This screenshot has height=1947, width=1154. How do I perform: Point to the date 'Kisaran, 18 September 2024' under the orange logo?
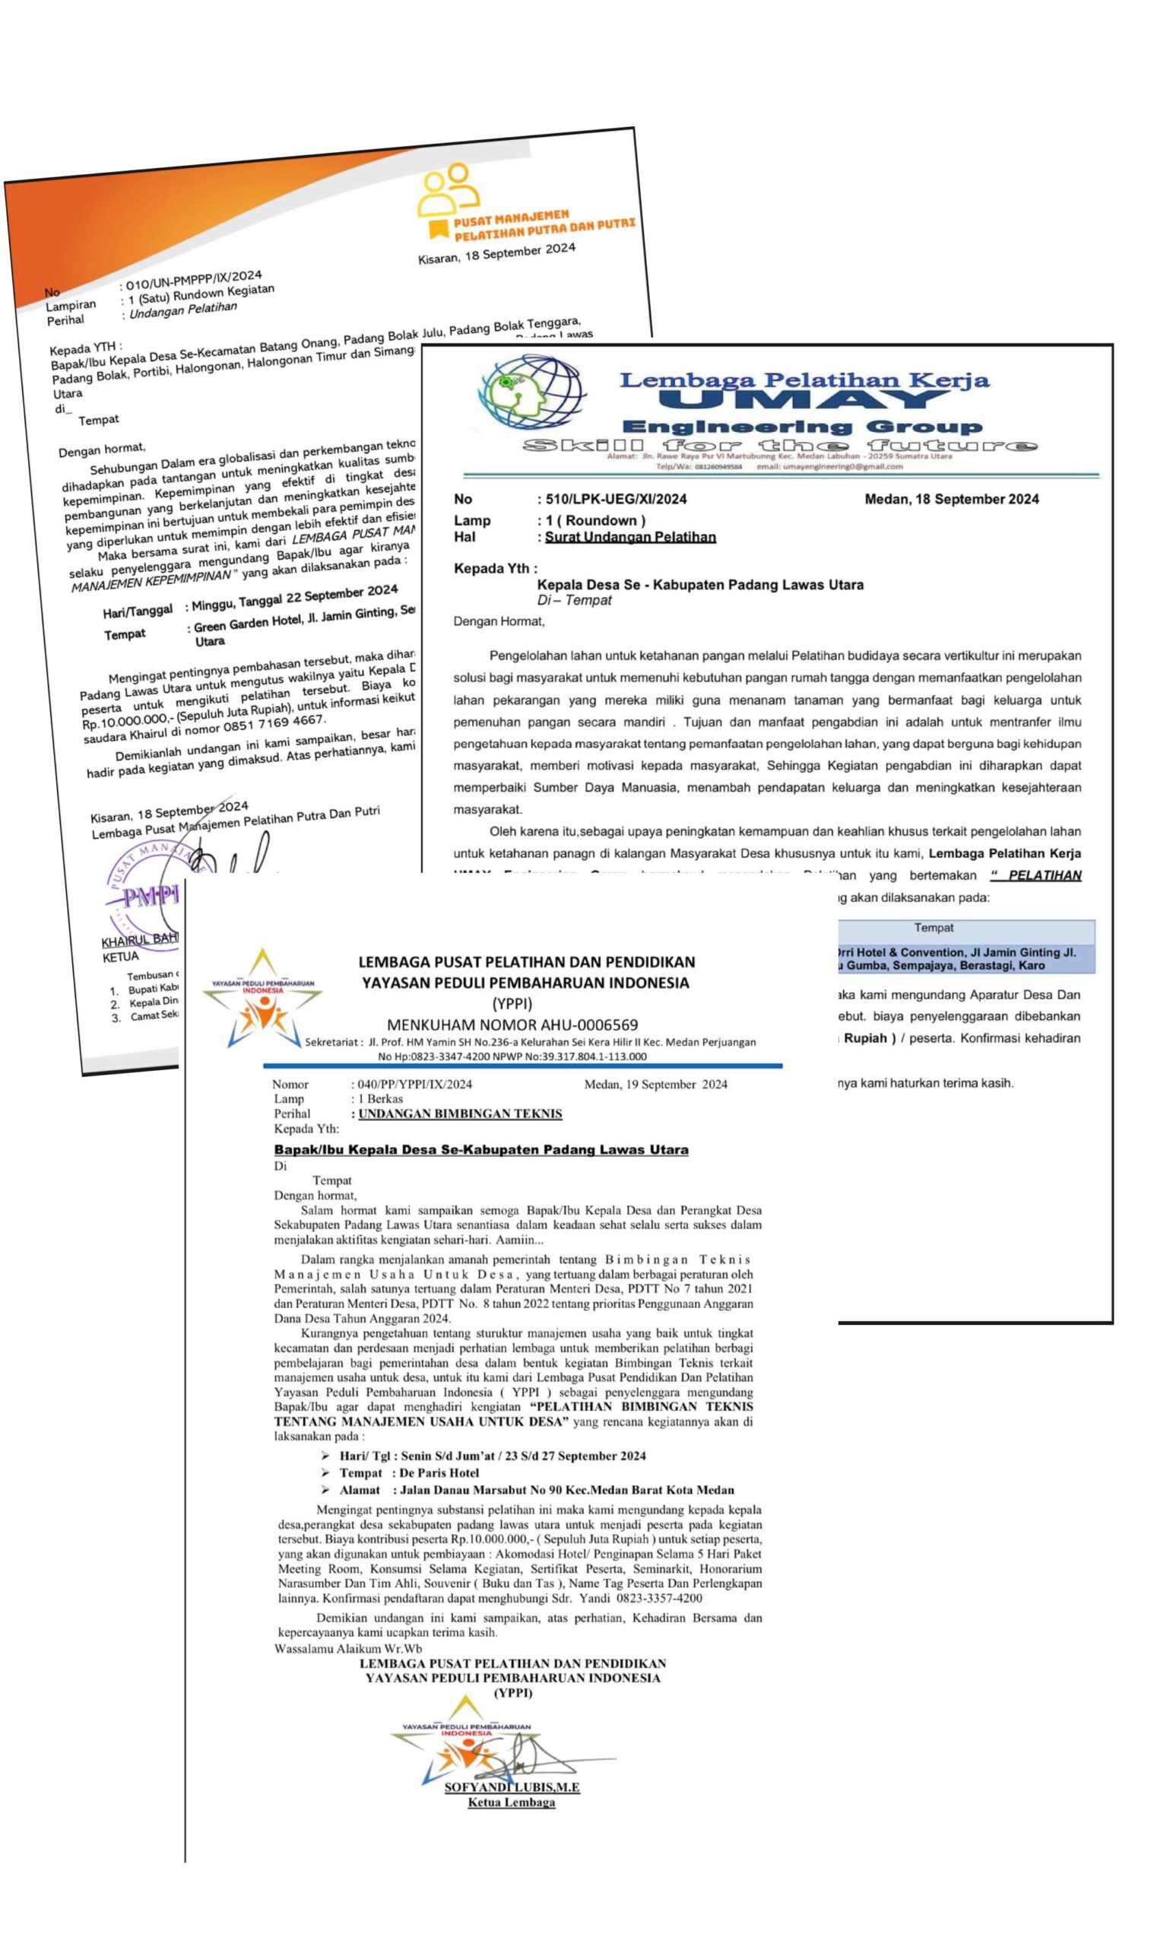coord(497,253)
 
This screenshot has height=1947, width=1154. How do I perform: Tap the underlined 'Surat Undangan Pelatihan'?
coord(630,537)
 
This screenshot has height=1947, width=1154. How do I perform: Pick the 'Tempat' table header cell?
coord(933,928)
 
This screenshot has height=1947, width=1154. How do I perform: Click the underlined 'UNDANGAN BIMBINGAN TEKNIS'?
coord(460,1114)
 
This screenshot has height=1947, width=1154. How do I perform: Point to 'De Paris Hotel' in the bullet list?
coord(439,1473)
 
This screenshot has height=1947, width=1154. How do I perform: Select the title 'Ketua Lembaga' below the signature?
coord(511,1803)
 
